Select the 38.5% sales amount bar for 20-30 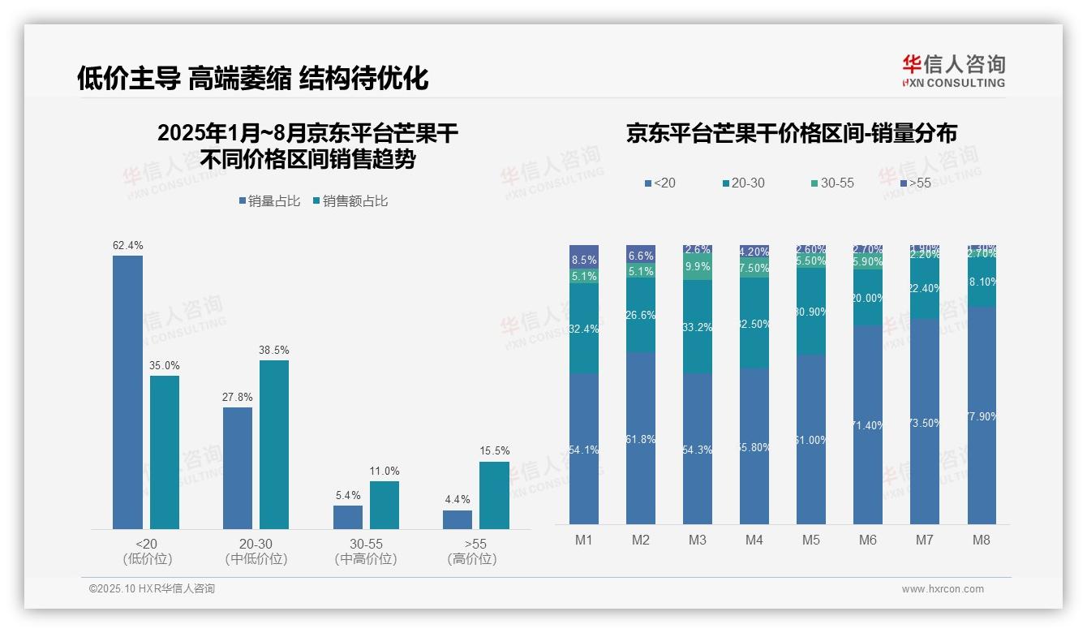coord(274,444)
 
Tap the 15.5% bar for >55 coord(494,495)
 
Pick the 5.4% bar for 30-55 coord(347,517)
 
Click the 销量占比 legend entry coord(270,201)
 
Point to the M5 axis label coord(811,540)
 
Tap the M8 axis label coord(982,540)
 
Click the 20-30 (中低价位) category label coord(256,551)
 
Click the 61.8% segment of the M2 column coord(641,438)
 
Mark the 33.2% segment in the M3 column coord(698,327)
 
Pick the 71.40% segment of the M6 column coord(868,424)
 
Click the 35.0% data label coord(164,365)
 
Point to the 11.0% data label coord(385,471)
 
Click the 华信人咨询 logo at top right coord(953,71)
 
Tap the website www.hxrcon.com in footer coord(943,589)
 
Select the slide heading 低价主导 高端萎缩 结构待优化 coord(252,78)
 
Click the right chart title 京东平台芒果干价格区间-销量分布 coord(791,133)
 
